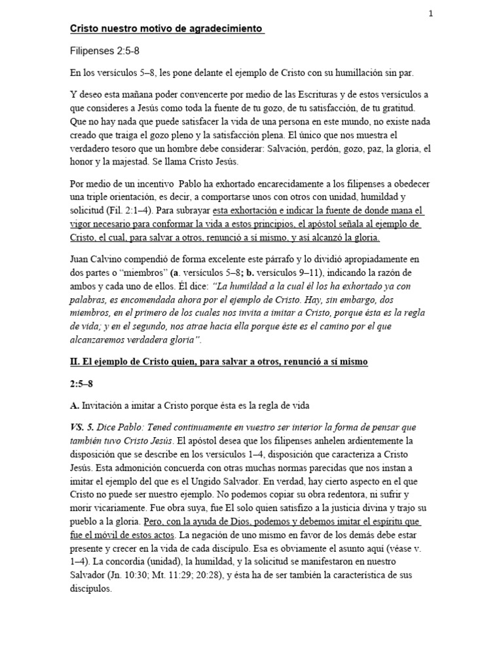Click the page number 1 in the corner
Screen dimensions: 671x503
(x=431, y=13)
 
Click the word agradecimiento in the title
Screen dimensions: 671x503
(x=226, y=29)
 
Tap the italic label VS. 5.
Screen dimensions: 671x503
(x=82, y=427)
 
